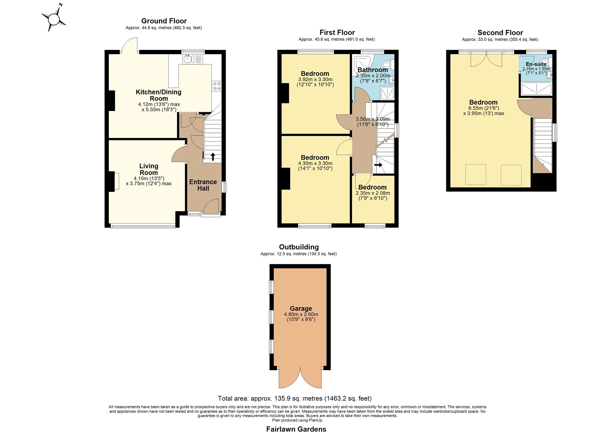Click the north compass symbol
tap(54, 19)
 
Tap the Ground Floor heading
tap(164, 21)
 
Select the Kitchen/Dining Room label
tap(158, 95)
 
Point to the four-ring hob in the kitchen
tap(216, 86)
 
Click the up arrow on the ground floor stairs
tap(213, 157)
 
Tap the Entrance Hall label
tap(203, 185)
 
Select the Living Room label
tap(149, 169)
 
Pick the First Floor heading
tap(337, 32)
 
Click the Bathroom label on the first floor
tap(372, 70)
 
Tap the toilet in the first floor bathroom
tap(388, 64)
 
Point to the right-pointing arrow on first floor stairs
tap(378, 165)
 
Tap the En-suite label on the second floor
tap(536, 64)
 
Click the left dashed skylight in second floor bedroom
tap(476, 175)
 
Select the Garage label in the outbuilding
tap(301, 309)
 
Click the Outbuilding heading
tap(299, 247)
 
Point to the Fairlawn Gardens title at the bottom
tap(296, 429)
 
